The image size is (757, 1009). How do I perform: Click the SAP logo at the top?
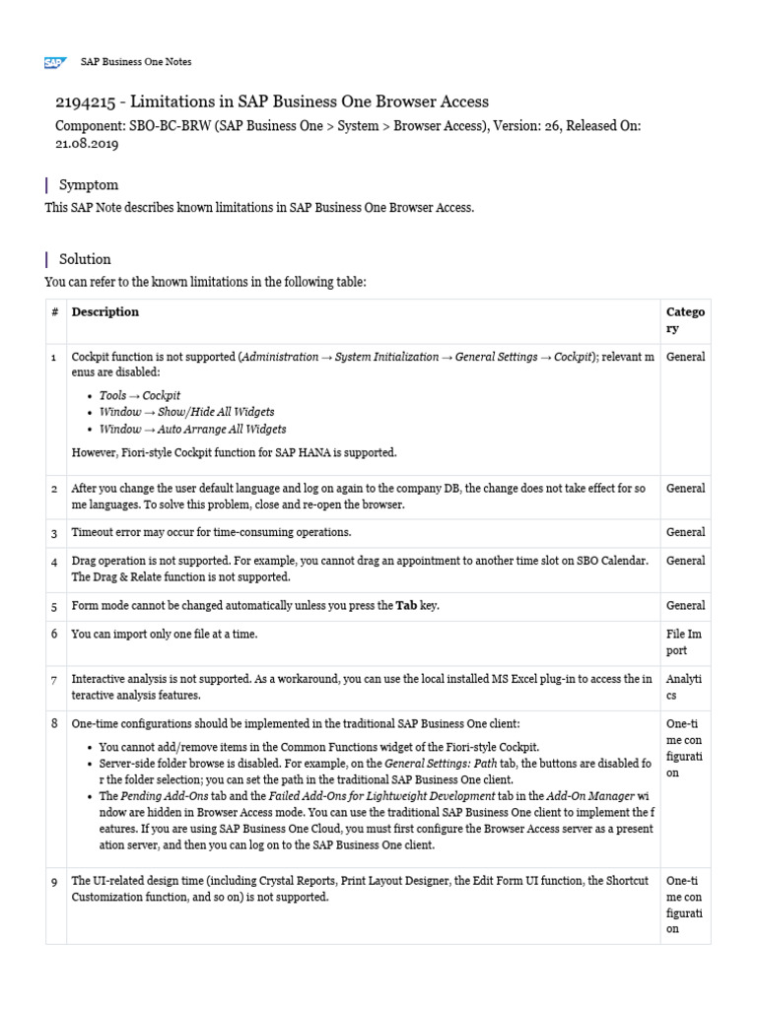54,62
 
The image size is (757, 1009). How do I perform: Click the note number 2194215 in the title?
88,102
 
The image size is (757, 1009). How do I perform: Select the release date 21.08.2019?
87,143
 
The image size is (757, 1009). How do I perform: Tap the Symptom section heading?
89,184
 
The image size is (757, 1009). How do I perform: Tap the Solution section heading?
85,259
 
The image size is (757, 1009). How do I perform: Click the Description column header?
105,312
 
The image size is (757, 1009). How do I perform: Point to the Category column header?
685,320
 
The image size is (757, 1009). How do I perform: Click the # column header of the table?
54,312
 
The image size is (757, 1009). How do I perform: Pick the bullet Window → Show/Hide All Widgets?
186,412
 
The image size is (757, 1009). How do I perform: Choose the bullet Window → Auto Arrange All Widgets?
192,429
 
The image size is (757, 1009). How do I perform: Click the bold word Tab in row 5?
406,605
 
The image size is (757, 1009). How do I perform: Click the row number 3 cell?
54,532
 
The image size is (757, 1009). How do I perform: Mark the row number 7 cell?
54,679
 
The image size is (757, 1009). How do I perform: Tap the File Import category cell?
685,642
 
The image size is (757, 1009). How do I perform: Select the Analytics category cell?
685,687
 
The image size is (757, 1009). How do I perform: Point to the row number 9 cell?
54,882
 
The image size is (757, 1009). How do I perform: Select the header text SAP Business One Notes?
136,62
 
